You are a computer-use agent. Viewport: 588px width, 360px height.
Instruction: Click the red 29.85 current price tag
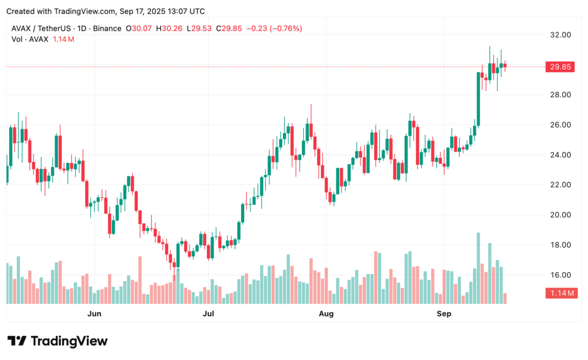tap(560, 67)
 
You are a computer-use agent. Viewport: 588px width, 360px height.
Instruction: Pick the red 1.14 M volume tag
tap(560, 293)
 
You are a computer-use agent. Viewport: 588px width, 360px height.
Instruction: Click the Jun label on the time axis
tap(94, 313)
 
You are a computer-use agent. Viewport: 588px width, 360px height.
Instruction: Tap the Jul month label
tap(208, 313)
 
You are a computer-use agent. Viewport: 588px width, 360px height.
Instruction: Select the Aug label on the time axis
tap(326, 313)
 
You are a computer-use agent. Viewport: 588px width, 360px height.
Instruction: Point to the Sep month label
tap(444, 313)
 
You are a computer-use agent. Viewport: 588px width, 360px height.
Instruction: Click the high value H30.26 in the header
tap(173, 29)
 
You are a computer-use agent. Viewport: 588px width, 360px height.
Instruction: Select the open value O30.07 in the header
tap(143, 29)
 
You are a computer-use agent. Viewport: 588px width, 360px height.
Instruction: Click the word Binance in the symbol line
tap(106, 29)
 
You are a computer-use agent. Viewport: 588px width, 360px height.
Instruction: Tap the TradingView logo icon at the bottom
tap(17, 341)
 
